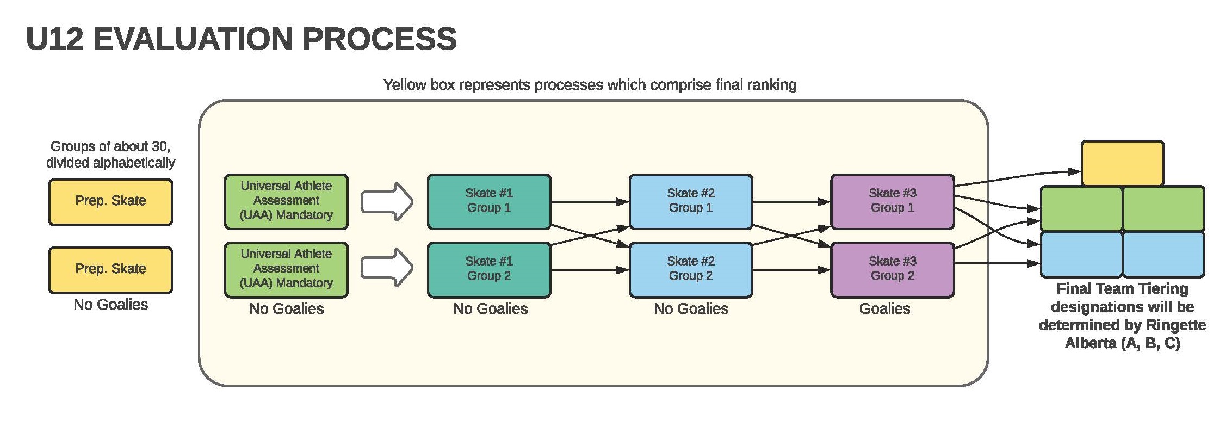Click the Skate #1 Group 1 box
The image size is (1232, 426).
coord(489,202)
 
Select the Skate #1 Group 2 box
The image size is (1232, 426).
coord(489,270)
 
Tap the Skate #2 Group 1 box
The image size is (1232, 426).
coord(691,202)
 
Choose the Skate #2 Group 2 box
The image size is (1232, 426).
coord(691,270)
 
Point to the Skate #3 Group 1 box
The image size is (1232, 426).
coord(893,202)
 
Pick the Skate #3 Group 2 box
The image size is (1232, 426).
coord(893,270)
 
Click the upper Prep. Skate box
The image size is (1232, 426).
coord(110,202)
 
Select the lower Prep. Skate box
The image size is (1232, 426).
coord(110,270)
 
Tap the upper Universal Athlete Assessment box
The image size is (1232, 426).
coord(286,202)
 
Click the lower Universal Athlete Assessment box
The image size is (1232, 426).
coord(286,270)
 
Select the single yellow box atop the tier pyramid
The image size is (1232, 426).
coord(1122,163)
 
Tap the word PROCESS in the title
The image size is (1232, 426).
coord(379,39)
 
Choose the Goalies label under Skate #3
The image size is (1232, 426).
coord(884,309)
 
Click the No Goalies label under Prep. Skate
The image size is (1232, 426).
coord(110,305)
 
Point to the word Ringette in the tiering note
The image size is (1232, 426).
coord(1175,325)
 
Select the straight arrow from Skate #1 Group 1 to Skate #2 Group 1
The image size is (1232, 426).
coord(590,202)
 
